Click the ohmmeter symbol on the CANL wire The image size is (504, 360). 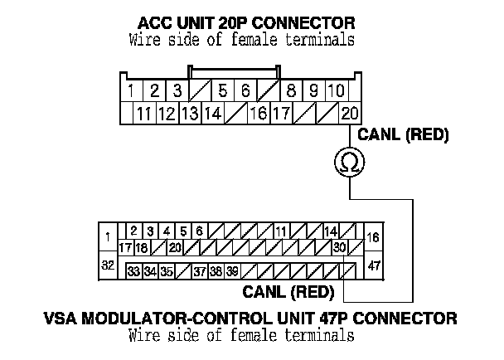(350, 162)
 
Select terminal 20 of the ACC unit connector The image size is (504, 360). (350, 114)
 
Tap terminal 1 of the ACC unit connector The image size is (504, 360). (131, 90)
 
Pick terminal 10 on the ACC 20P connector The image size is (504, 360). (337, 90)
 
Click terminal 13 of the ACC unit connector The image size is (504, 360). (191, 114)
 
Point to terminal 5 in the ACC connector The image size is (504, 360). (222, 90)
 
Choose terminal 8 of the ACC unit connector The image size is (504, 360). (291, 90)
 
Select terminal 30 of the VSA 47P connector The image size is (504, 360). (339, 247)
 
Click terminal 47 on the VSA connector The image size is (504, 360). (374, 265)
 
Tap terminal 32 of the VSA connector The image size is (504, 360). (108, 265)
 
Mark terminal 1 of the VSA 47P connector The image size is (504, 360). (108, 237)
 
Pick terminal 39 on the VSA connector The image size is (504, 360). (232, 272)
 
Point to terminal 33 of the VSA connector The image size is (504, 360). (133, 272)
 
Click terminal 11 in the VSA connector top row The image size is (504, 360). (281, 231)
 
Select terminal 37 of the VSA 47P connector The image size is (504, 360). (200, 272)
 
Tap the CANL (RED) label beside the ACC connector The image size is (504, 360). (403, 134)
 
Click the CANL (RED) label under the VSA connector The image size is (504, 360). (288, 292)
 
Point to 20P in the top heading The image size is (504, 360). (233, 23)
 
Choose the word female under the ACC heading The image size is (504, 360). (254, 40)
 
